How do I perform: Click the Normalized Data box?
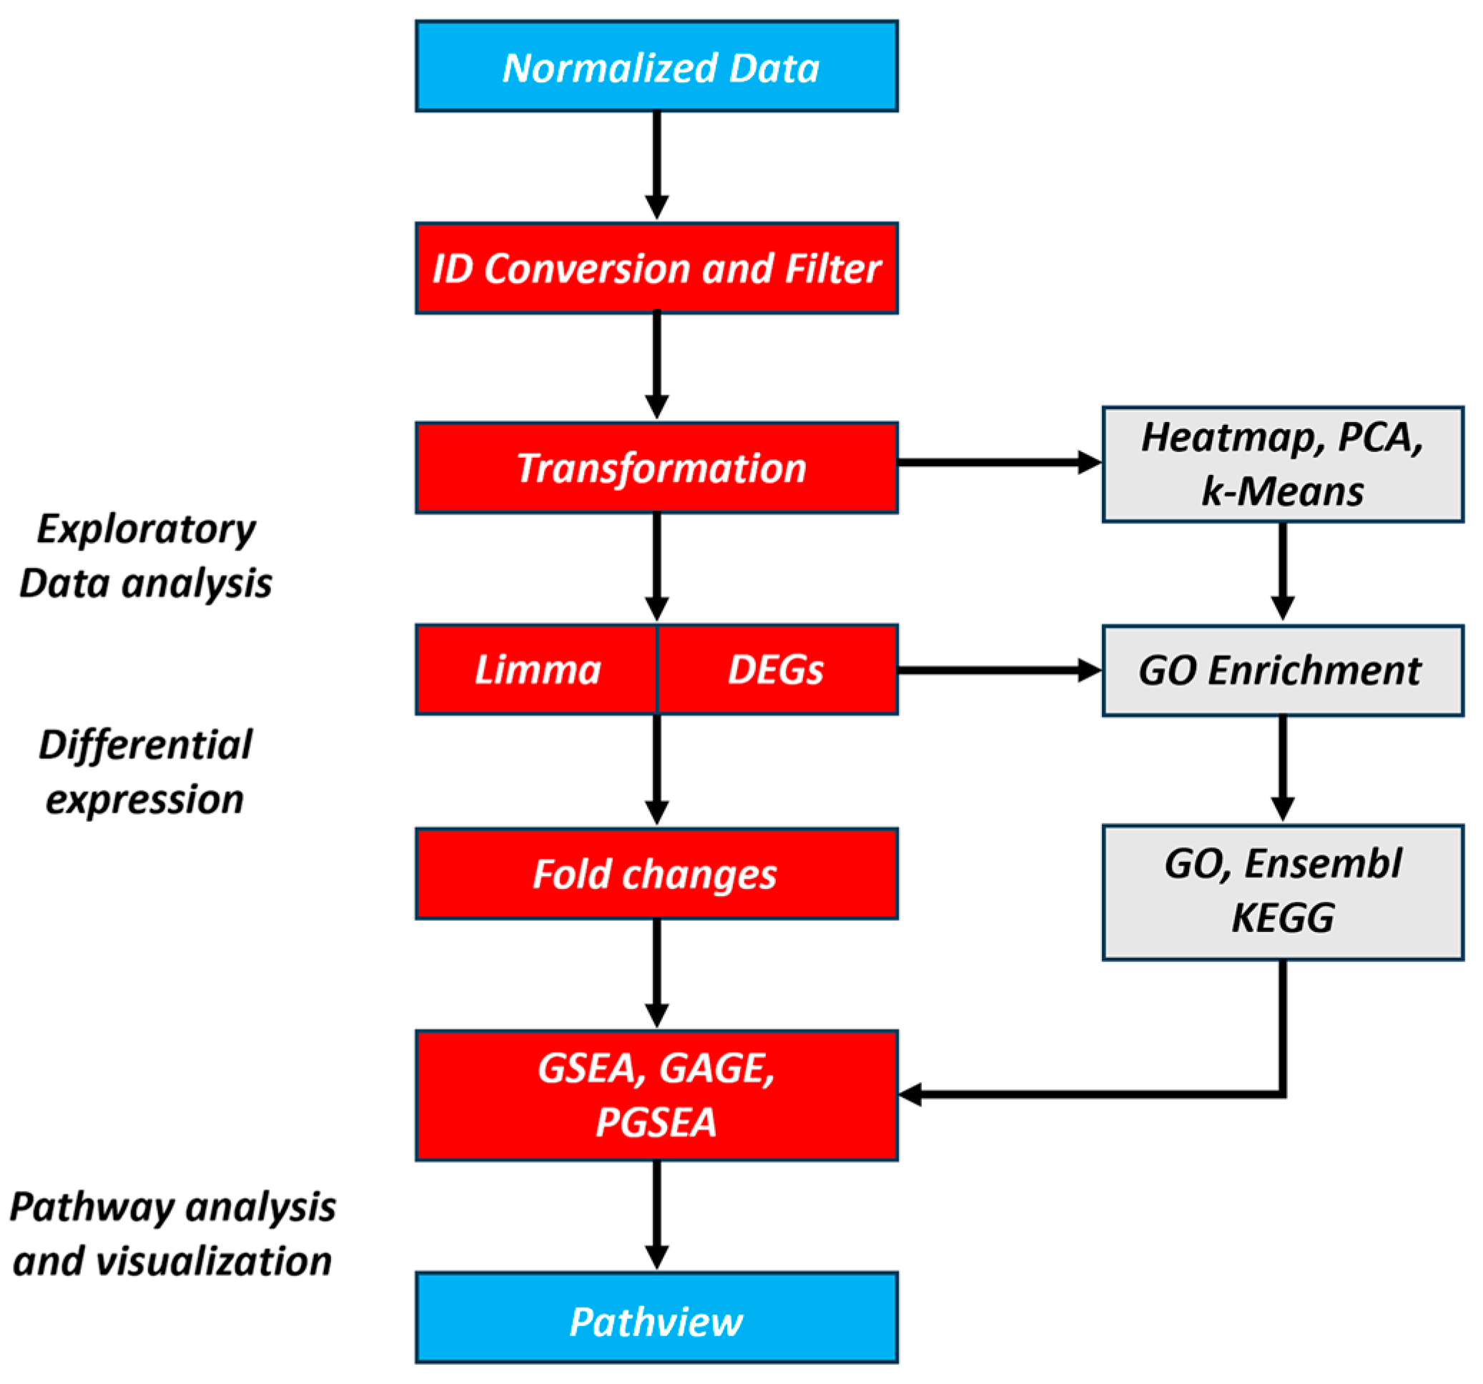(x=656, y=67)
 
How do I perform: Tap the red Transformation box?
(x=656, y=468)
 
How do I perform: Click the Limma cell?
(x=537, y=669)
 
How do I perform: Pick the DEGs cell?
(x=777, y=669)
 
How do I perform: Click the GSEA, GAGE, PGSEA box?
(x=656, y=1094)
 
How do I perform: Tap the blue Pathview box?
(x=656, y=1321)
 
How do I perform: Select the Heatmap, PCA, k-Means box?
(x=1282, y=464)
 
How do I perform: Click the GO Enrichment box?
(x=1282, y=670)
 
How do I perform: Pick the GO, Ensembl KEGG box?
(x=1282, y=892)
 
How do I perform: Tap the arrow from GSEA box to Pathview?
(x=656, y=1212)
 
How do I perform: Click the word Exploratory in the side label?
(x=146, y=530)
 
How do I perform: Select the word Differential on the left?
(x=146, y=745)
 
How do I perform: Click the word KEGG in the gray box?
(x=1282, y=918)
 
